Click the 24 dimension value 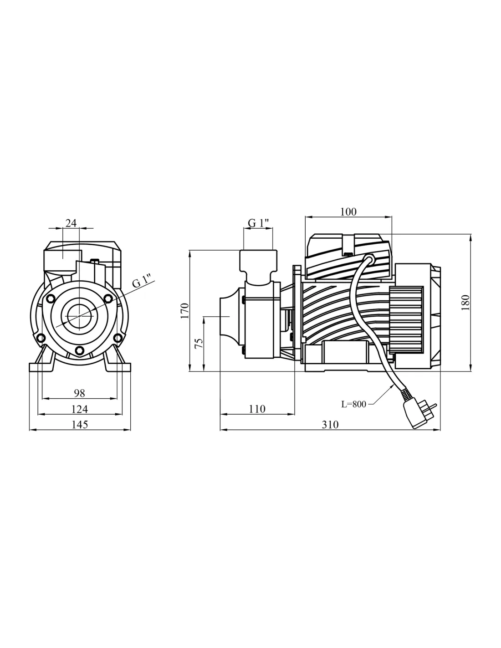(71, 223)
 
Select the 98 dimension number (80, 393)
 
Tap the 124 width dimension (80, 409)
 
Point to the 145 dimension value (80, 425)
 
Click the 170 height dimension (185, 310)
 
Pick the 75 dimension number (199, 343)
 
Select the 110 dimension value (257, 409)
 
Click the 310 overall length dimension (330, 425)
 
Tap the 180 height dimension (465, 303)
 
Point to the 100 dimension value (348, 212)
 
